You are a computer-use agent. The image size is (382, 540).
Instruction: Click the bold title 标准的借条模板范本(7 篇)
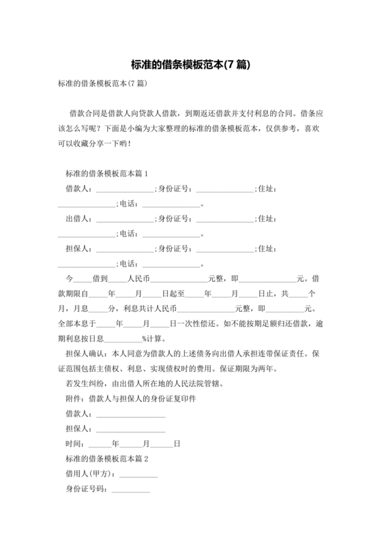190,65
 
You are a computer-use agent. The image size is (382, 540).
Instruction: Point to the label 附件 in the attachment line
74,399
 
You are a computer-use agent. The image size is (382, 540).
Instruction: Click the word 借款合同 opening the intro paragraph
85,113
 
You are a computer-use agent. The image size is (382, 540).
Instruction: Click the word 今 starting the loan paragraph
68,279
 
